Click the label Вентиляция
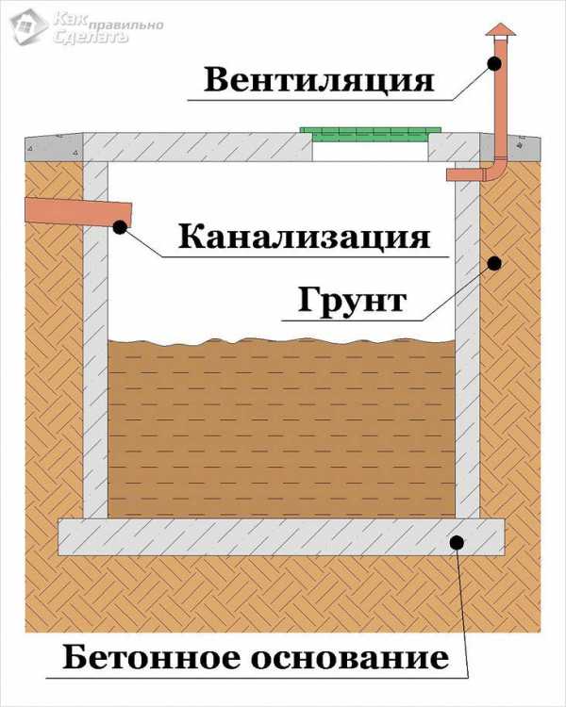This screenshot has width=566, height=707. [319, 81]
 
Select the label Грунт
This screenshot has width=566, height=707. [353, 301]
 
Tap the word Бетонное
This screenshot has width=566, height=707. [152, 657]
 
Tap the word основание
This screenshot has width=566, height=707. [350, 659]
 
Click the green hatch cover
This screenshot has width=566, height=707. [370, 135]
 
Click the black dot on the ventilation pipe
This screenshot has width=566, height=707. [494, 64]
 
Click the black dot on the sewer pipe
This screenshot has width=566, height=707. [120, 227]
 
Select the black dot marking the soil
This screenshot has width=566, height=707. [495, 263]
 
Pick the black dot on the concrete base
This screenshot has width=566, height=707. [458, 542]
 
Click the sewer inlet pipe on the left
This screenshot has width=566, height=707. [78, 211]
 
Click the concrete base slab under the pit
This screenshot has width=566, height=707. [281, 536]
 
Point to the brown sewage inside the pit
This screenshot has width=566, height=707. [281, 428]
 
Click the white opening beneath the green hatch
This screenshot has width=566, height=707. [370, 152]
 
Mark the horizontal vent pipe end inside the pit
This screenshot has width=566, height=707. [465, 175]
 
